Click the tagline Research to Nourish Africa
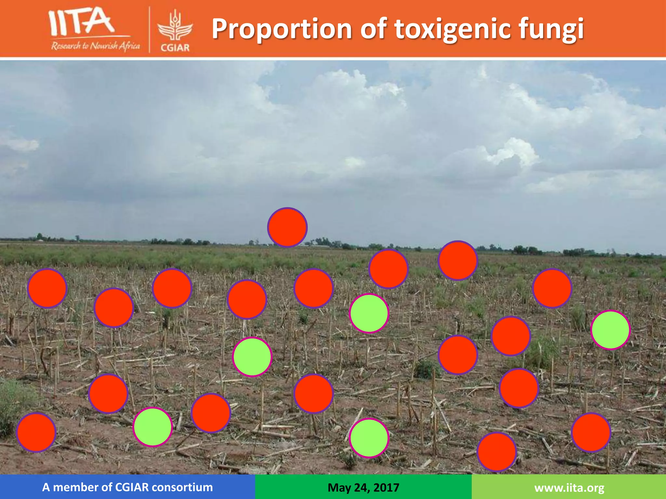pyautogui.click(x=95, y=46)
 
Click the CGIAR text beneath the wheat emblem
pyautogui.click(x=175, y=48)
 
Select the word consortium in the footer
pyautogui.click(x=182, y=487)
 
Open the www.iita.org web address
pyautogui.click(x=569, y=488)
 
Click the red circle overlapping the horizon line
pyautogui.click(x=287, y=227)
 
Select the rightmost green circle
pyautogui.click(x=610, y=330)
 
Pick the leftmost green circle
pyautogui.click(x=153, y=427)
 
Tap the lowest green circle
pyautogui.click(x=369, y=438)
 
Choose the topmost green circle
pyautogui.click(x=369, y=313)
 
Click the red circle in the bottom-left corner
pyautogui.click(x=36, y=432)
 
